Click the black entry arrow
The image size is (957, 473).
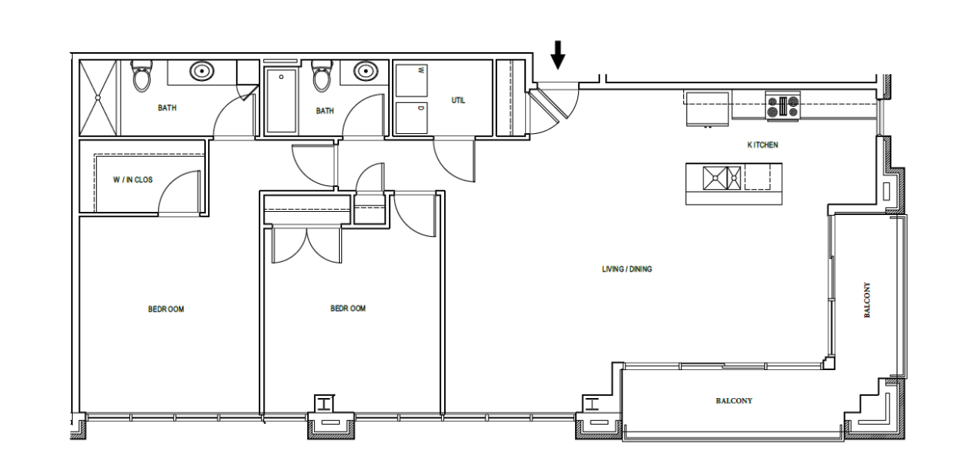[x=558, y=54]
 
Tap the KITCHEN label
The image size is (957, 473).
[x=763, y=145]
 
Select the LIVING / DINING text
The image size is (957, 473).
[x=626, y=269]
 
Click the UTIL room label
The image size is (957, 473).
[x=458, y=101]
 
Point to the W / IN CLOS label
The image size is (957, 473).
[x=133, y=180]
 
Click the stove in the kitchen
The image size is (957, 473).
[x=783, y=106]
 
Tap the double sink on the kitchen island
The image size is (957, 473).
[x=722, y=178]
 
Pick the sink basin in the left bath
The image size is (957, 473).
[x=202, y=71]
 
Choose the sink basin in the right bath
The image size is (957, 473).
[x=365, y=71]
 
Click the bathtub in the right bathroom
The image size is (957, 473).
[x=281, y=101]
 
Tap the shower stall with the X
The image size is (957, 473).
[x=98, y=98]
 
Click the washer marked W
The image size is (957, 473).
[x=412, y=80]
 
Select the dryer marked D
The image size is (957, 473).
[x=412, y=117]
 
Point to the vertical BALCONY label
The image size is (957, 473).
[x=867, y=300]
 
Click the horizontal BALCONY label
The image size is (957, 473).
[x=734, y=401]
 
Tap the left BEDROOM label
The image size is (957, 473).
[x=166, y=310]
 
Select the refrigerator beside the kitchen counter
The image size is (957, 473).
[x=707, y=108]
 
